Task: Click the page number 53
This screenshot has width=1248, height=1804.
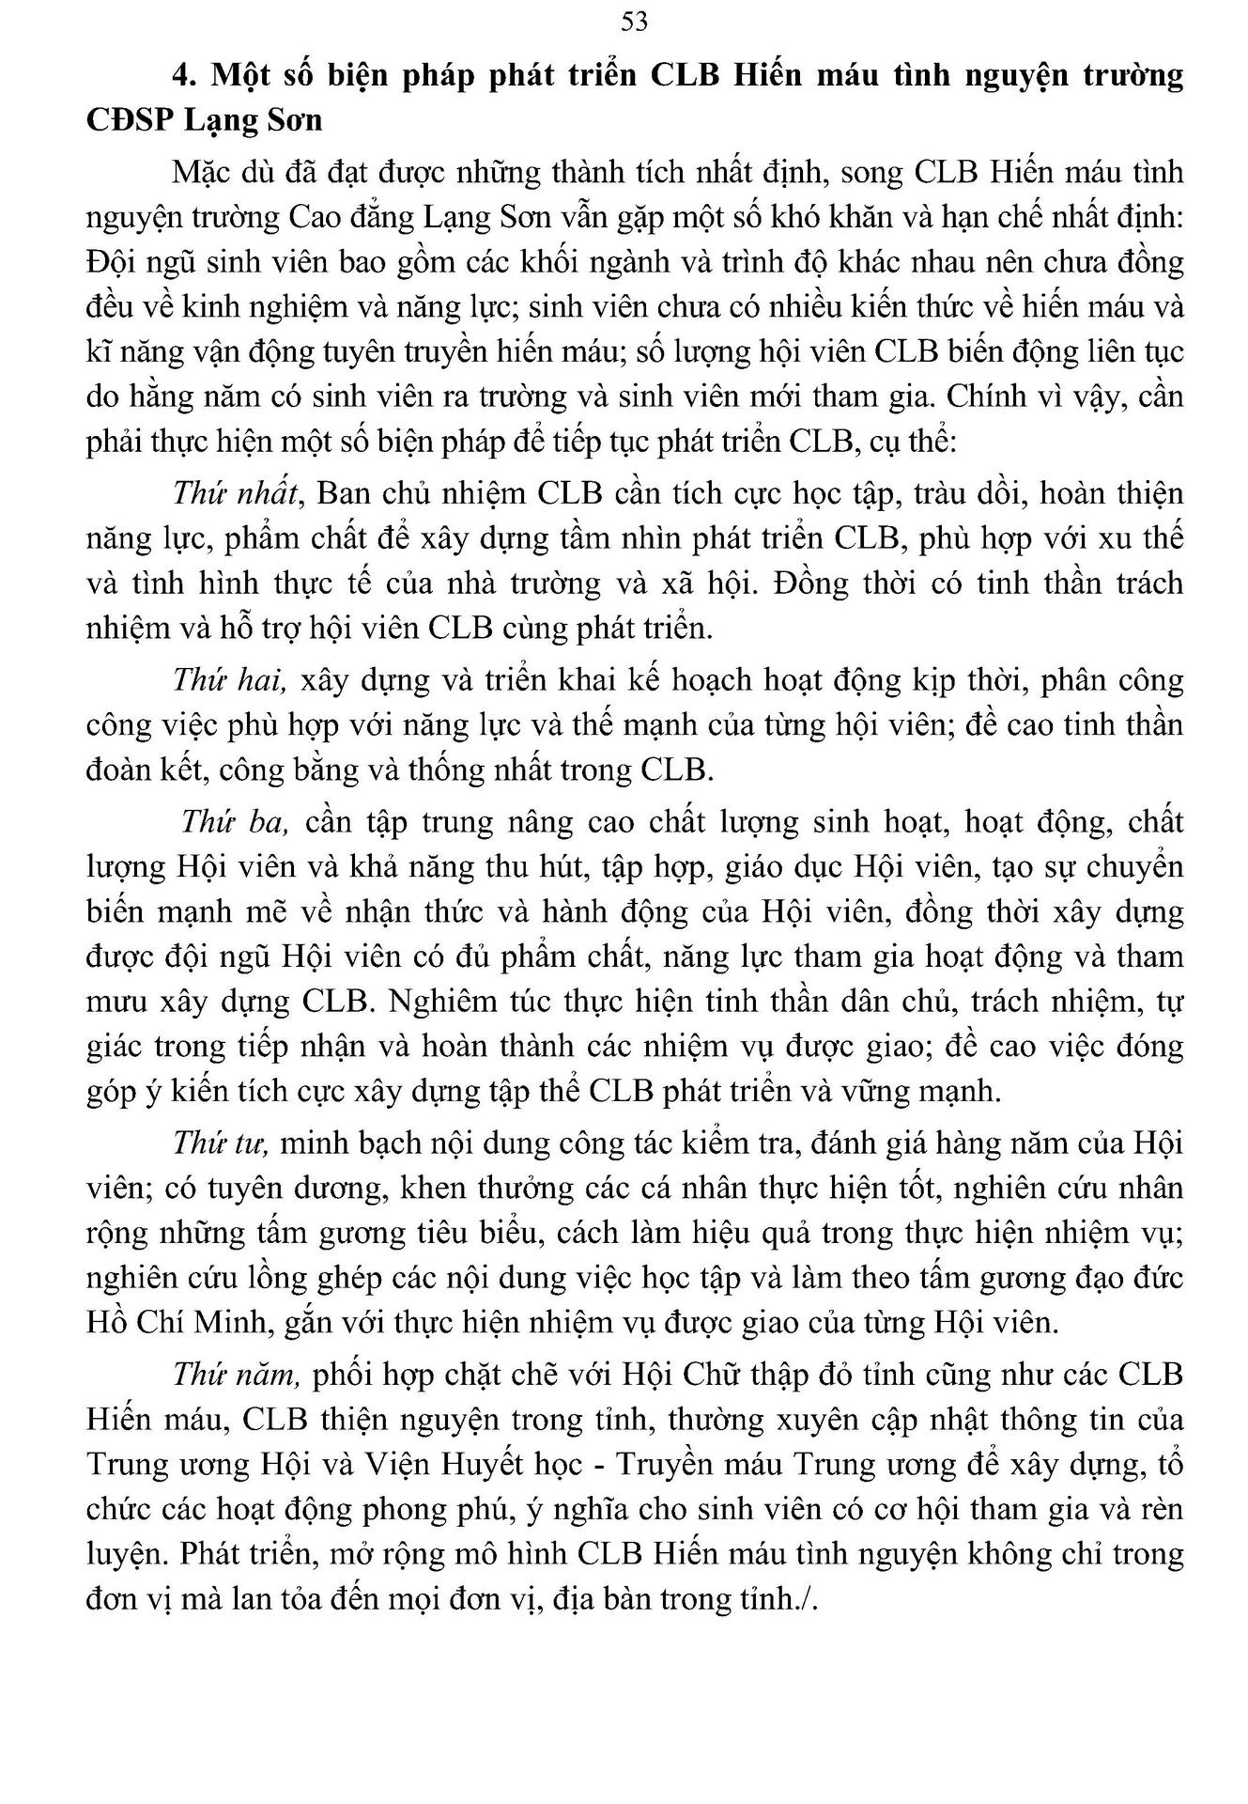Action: (x=634, y=22)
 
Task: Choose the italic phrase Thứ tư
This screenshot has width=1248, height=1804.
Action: (x=222, y=1143)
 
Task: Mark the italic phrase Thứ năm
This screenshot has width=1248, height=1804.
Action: (x=236, y=1374)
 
